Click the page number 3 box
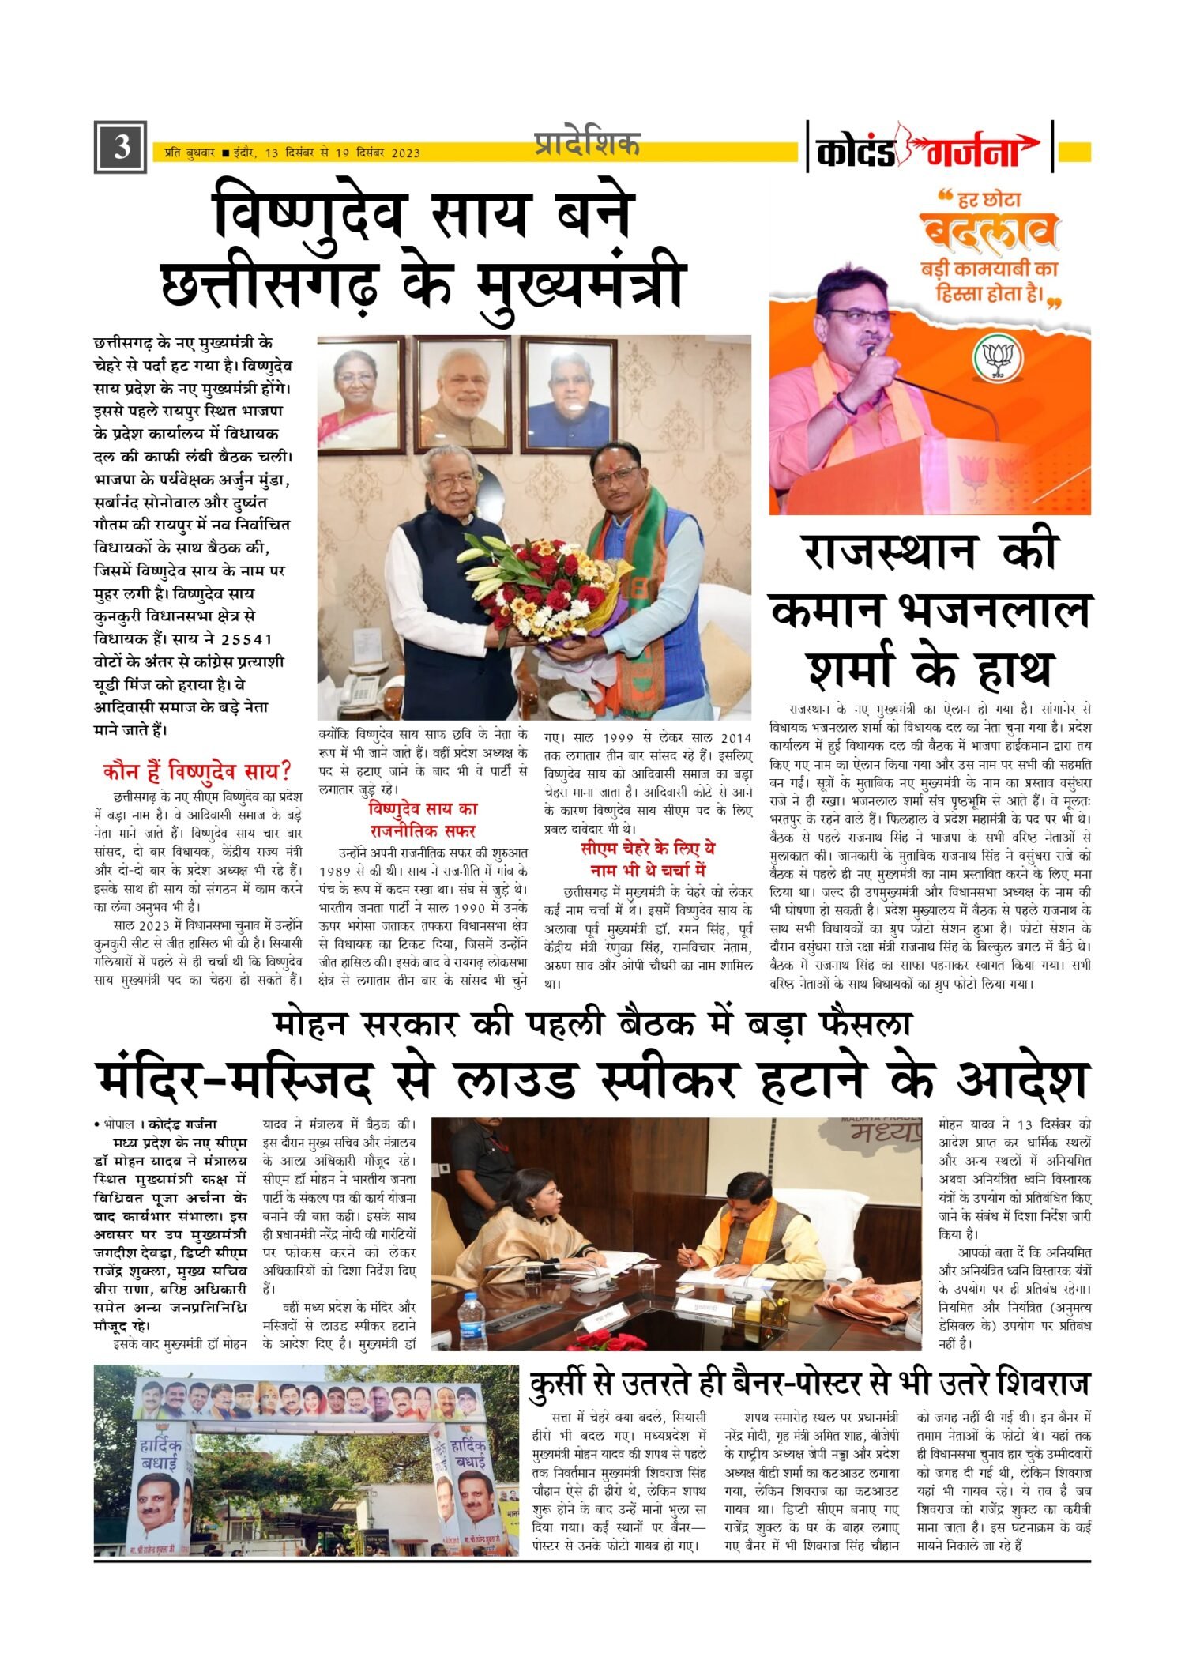point(120,147)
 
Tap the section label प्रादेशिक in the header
point(586,145)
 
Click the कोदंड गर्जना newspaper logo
point(929,148)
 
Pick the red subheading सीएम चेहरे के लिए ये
point(648,849)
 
